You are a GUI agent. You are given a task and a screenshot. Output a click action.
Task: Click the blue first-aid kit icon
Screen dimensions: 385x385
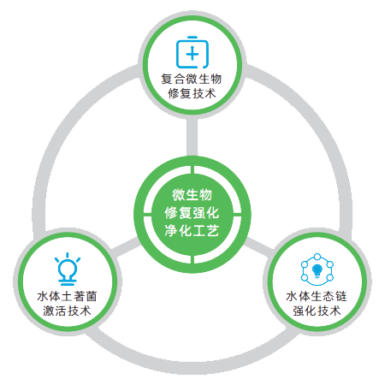[x=192, y=52]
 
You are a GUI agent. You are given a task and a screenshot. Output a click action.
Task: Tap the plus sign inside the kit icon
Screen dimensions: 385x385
[x=192, y=54]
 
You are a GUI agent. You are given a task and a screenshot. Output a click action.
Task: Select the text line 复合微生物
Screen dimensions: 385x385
[x=192, y=79]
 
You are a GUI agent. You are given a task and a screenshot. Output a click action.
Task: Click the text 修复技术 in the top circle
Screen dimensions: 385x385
[x=192, y=93]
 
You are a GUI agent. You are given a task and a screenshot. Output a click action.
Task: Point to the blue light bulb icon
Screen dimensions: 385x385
[x=68, y=269]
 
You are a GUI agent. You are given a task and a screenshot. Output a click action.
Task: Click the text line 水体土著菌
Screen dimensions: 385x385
[x=68, y=296]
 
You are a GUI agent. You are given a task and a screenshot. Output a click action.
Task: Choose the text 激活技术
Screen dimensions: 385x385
[x=68, y=311]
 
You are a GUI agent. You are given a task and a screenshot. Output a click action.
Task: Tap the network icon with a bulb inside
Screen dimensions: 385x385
[x=317, y=269]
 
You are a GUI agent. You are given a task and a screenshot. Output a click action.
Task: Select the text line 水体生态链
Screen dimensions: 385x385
[x=317, y=296]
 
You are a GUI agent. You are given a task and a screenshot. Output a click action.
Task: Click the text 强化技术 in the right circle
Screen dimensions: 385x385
[x=317, y=311]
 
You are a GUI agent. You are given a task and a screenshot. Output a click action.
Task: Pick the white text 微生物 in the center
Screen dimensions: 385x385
[x=192, y=195]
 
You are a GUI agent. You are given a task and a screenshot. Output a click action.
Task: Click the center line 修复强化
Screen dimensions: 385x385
[x=192, y=213]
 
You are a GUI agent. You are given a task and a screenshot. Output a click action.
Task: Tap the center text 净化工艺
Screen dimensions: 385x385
[x=192, y=230]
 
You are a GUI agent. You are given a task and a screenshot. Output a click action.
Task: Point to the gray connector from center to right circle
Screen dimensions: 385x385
[x=258, y=247]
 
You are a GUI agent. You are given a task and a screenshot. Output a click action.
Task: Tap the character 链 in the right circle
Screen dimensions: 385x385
[x=341, y=296]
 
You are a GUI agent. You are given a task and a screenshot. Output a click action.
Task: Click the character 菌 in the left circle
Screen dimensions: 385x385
[x=92, y=296]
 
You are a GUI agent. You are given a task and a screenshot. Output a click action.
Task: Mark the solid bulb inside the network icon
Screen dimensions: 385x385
[x=317, y=270]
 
